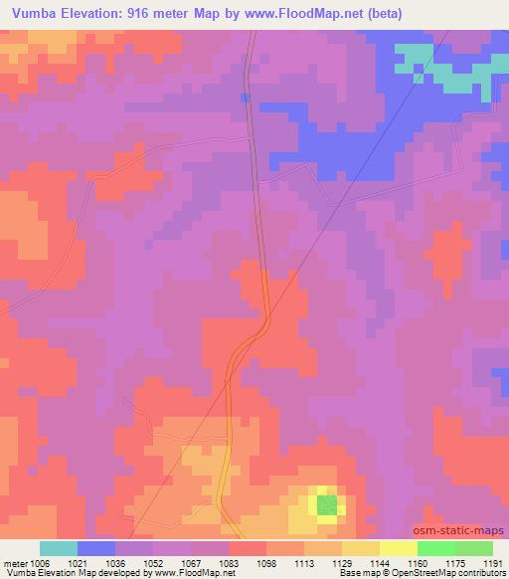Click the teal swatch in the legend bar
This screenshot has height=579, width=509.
(59, 548)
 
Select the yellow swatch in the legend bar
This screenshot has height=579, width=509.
(398, 548)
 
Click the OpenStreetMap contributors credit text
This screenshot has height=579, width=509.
(454, 573)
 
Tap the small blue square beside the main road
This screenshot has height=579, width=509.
(245, 97)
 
